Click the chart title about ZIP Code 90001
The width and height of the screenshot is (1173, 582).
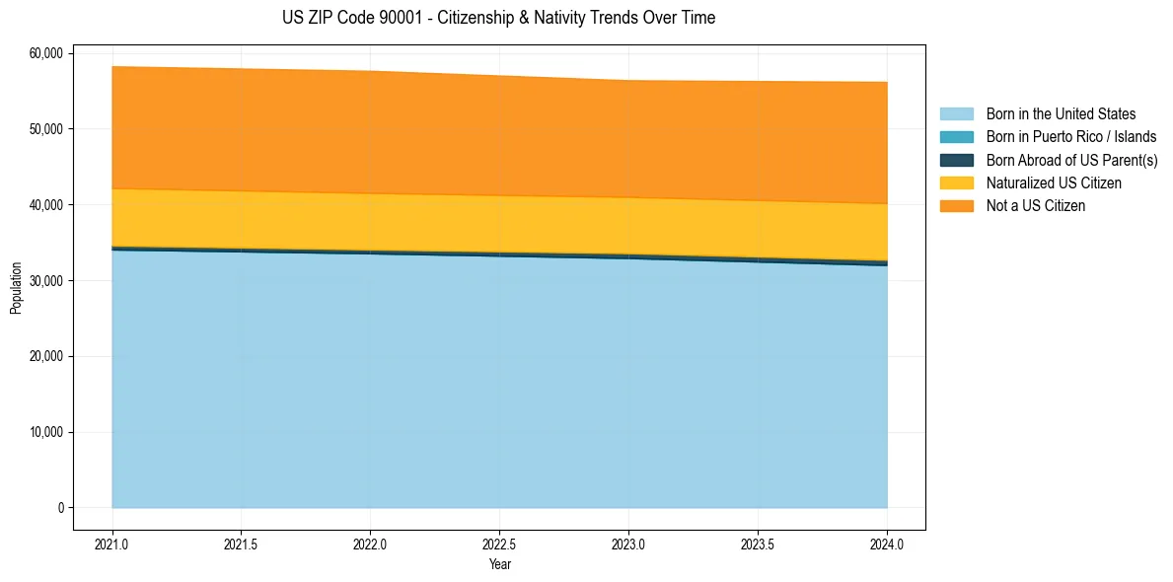pos(498,18)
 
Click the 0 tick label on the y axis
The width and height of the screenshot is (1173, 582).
pos(60,508)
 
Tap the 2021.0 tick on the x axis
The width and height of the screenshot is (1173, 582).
pos(112,544)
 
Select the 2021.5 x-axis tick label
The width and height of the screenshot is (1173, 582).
pos(242,544)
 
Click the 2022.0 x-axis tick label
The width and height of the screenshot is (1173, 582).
pos(371,544)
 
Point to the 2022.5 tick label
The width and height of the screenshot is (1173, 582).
pos(500,544)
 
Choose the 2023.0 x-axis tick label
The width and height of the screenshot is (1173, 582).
pos(628,544)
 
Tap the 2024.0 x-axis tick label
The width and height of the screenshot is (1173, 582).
pos(887,544)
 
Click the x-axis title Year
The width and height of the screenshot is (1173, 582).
pos(500,564)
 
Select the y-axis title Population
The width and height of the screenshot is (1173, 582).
pos(16,288)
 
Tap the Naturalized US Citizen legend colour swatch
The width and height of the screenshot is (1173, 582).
pos(956,183)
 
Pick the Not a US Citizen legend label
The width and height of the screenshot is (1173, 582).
pos(1035,206)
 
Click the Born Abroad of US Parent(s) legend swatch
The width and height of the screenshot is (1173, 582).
pos(956,161)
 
